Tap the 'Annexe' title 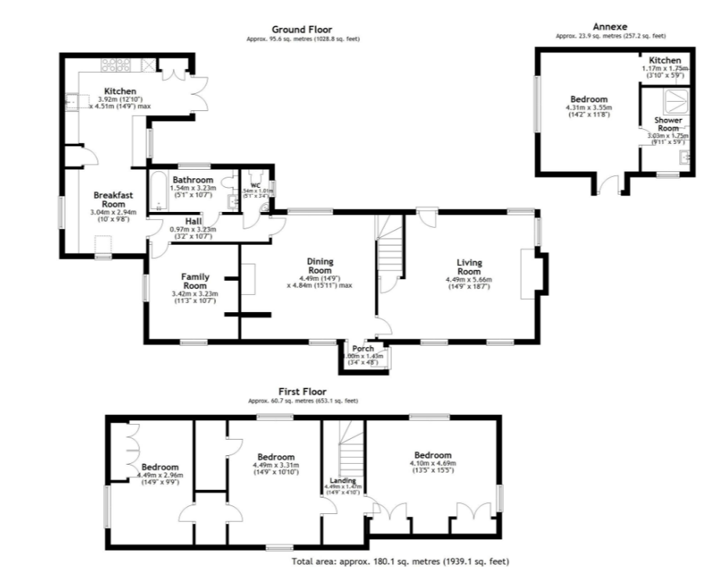[x=610, y=26]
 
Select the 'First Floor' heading [x=303, y=391]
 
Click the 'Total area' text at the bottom [x=401, y=561]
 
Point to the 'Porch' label [x=362, y=349]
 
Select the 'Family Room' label [x=195, y=281]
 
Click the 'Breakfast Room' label [x=110, y=199]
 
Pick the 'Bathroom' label [x=192, y=180]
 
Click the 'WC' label [x=254, y=185]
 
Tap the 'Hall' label [x=193, y=221]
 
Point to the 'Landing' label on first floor [x=343, y=480]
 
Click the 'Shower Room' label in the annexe [x=667, y=124]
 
